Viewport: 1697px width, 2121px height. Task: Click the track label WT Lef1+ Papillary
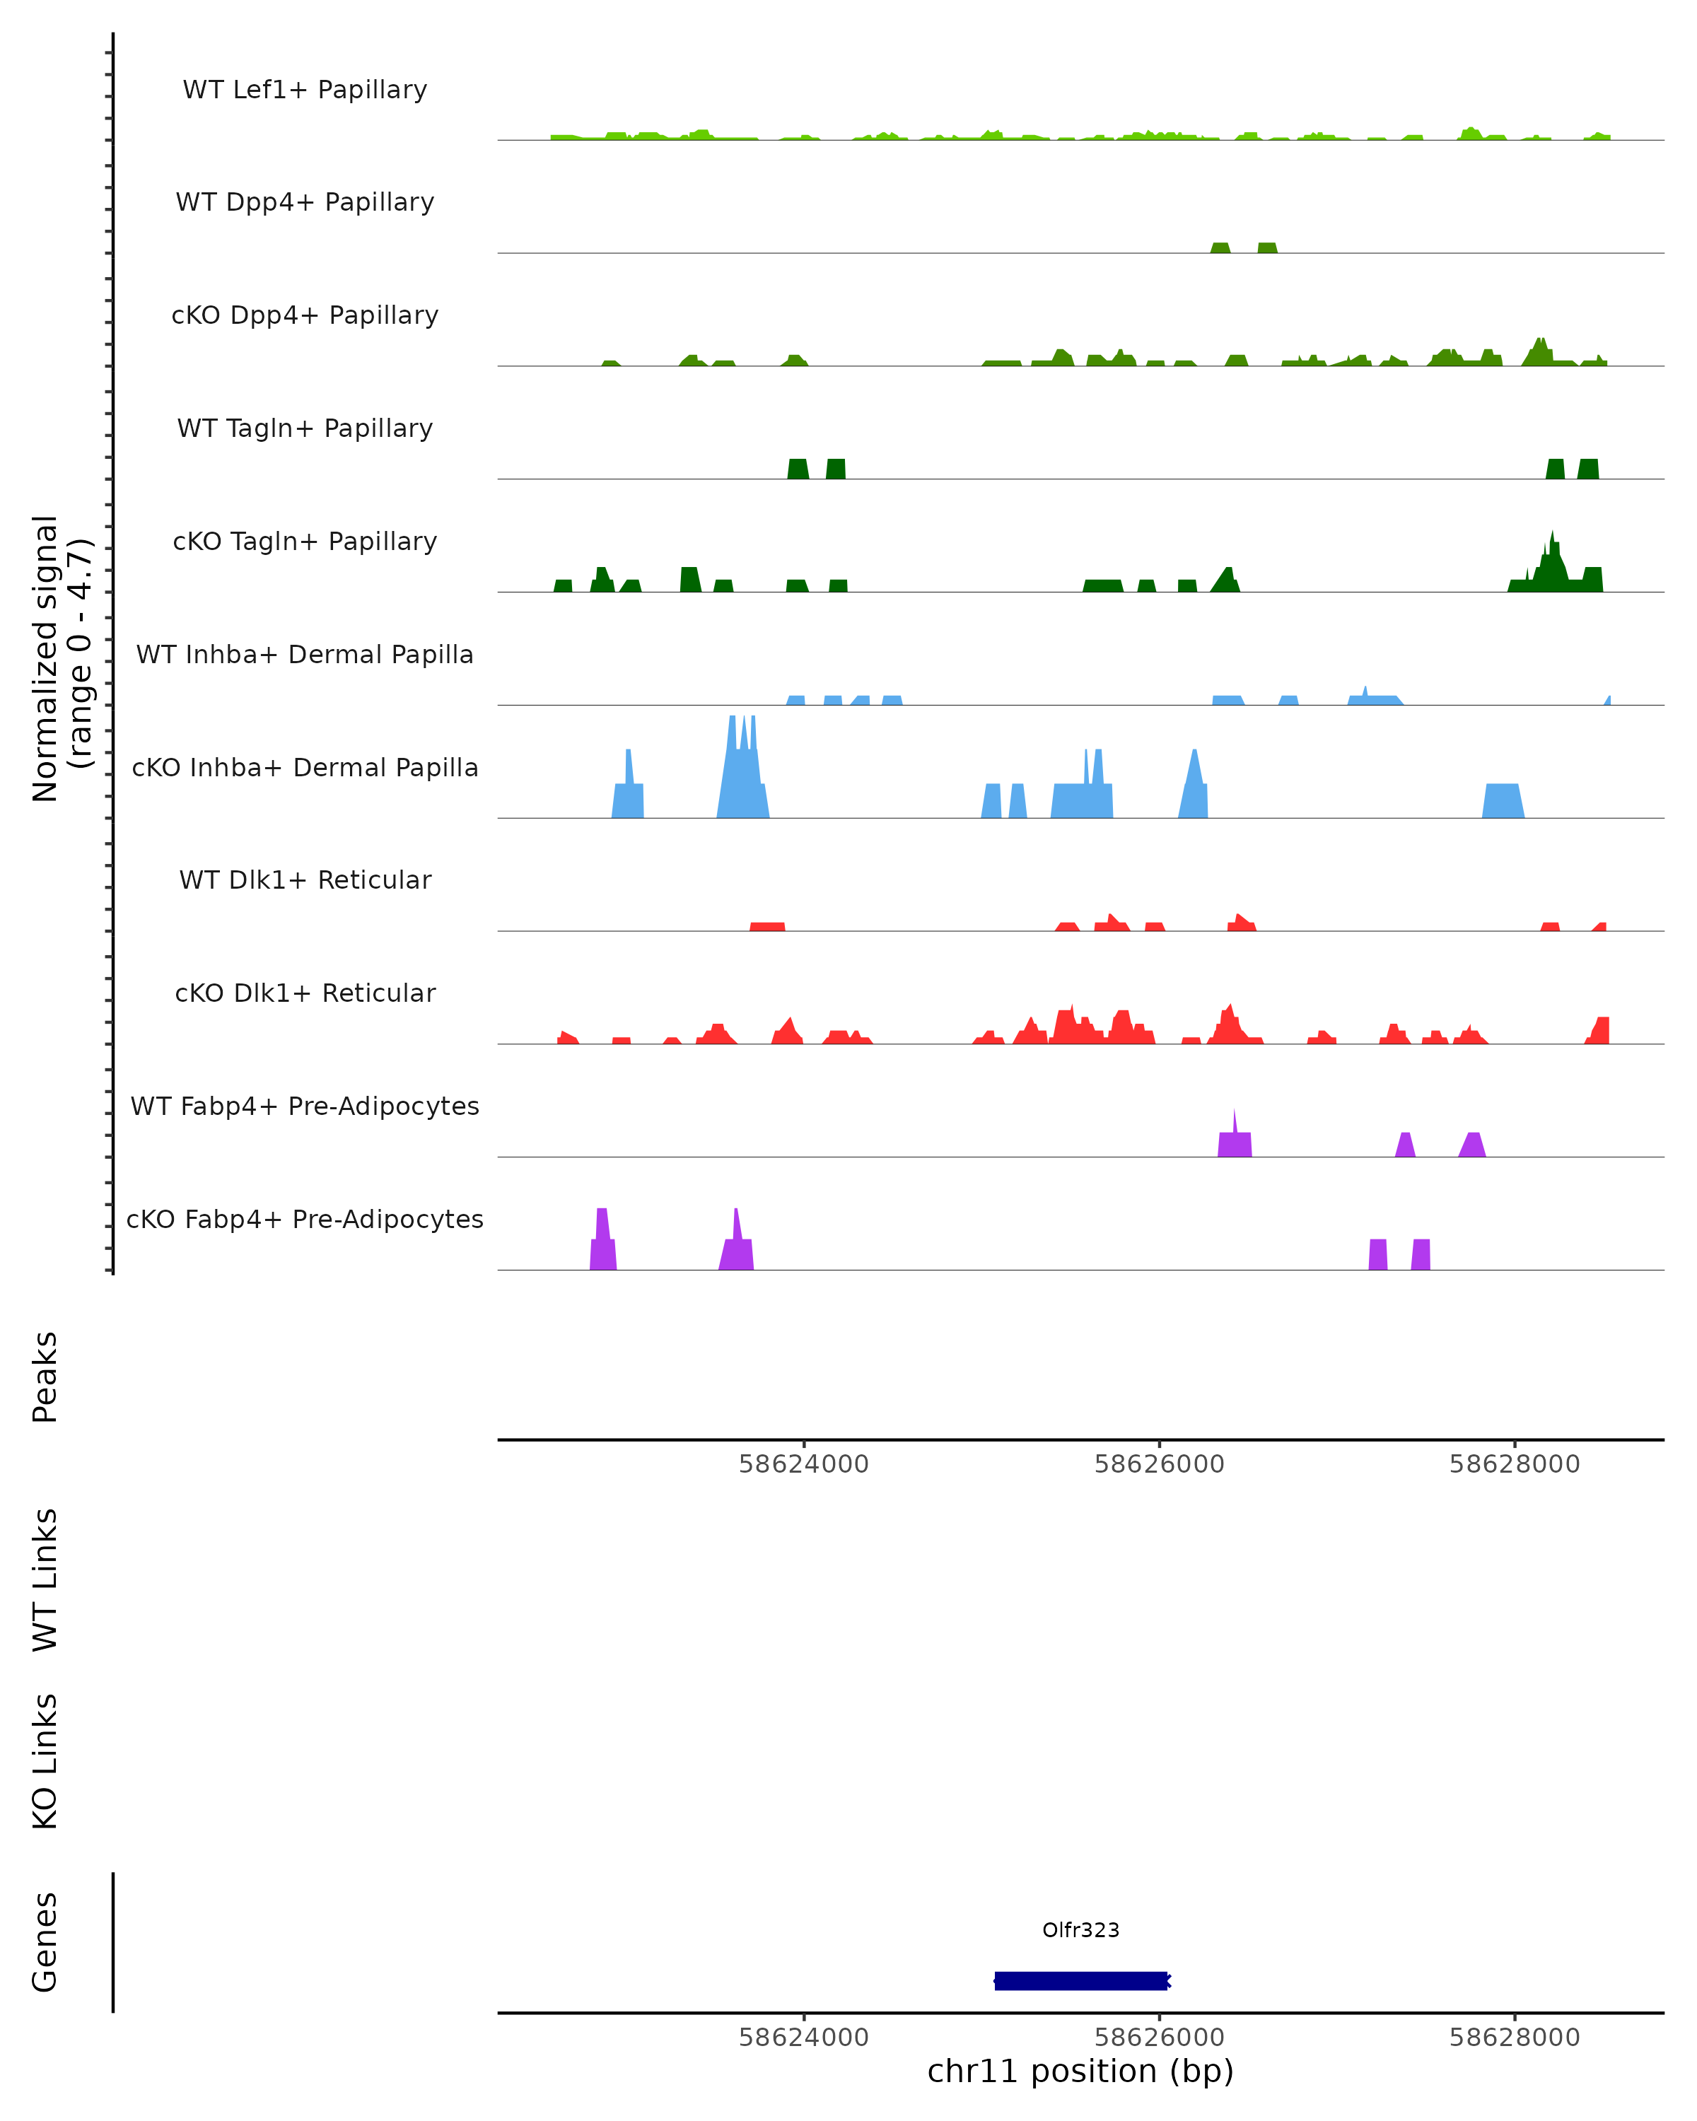305,90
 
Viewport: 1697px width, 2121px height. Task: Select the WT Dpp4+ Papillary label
305,203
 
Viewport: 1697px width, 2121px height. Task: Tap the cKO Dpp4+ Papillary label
305,316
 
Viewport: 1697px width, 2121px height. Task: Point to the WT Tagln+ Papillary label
305,429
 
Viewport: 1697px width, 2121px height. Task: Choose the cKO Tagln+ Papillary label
305,542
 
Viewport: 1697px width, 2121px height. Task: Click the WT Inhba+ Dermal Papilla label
305,655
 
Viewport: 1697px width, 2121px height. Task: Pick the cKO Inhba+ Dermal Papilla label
305,769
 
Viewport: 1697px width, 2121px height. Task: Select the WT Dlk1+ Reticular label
305,880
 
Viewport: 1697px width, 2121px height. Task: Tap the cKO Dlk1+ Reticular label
305,993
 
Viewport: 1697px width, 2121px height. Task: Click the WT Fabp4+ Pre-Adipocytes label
305,1106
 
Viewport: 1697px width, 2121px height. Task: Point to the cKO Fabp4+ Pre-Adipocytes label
305,1220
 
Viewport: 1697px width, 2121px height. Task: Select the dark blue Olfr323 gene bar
1080,1980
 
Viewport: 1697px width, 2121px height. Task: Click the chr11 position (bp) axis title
1080,2071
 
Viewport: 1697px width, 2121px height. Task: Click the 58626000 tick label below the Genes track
1159,2038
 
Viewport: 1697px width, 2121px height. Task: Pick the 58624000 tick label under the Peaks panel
804,1464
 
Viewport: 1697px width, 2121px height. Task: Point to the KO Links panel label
45,1762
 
